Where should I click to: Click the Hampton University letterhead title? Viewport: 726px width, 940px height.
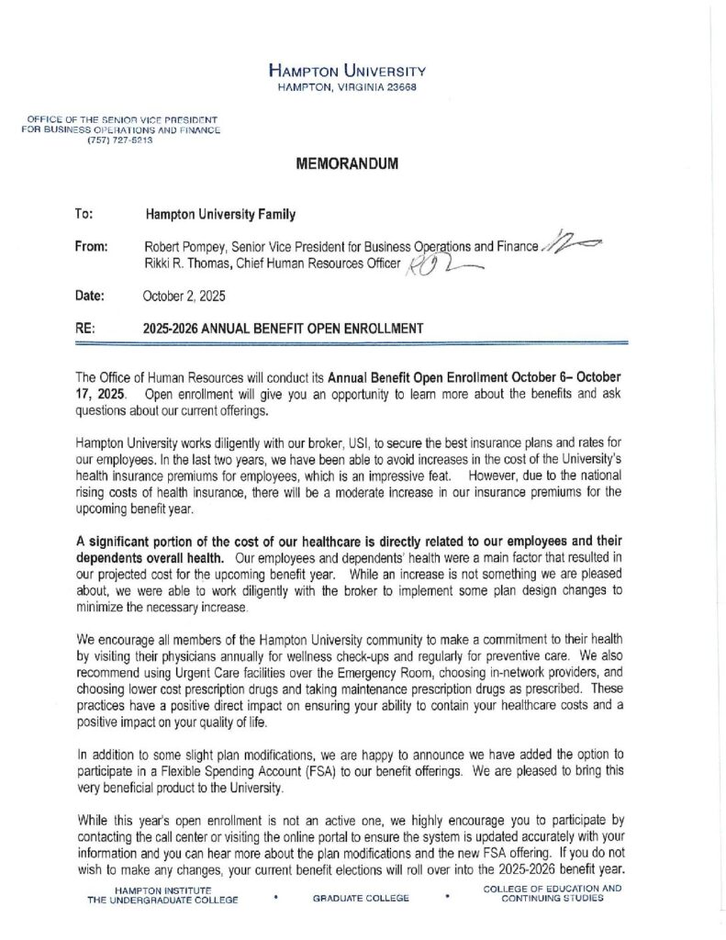point(347,71)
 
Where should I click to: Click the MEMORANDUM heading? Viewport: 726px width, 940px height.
point(347,164)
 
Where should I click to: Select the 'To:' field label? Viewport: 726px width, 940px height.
point(84,215)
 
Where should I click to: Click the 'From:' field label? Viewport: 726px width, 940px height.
point(91,246)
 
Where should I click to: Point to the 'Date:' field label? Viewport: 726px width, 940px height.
point(89,296)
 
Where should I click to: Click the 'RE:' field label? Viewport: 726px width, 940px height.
point(84,328)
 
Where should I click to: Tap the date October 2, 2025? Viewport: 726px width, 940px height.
point(184,296)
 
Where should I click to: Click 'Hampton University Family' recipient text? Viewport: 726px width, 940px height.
point(220,215)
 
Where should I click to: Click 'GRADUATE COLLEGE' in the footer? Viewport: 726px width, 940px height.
point(361,898)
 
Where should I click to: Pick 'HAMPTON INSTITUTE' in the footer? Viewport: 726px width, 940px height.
point(162,890)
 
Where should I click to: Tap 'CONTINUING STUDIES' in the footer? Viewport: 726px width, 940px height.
point(553,898)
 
